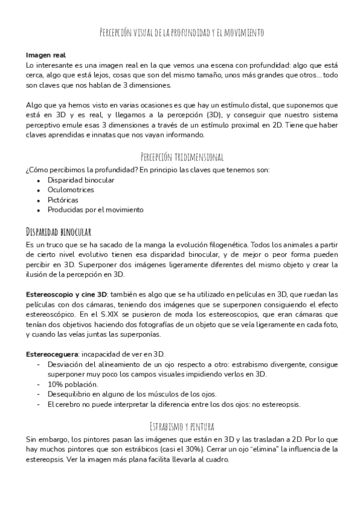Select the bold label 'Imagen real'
click(46, 55)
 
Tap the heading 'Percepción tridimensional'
click(182, 157)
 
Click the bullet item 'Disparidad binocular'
click(81, 179)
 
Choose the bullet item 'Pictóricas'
click(63, 199)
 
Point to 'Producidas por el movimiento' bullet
click(95, 209)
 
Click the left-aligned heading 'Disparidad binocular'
click(58, 231)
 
